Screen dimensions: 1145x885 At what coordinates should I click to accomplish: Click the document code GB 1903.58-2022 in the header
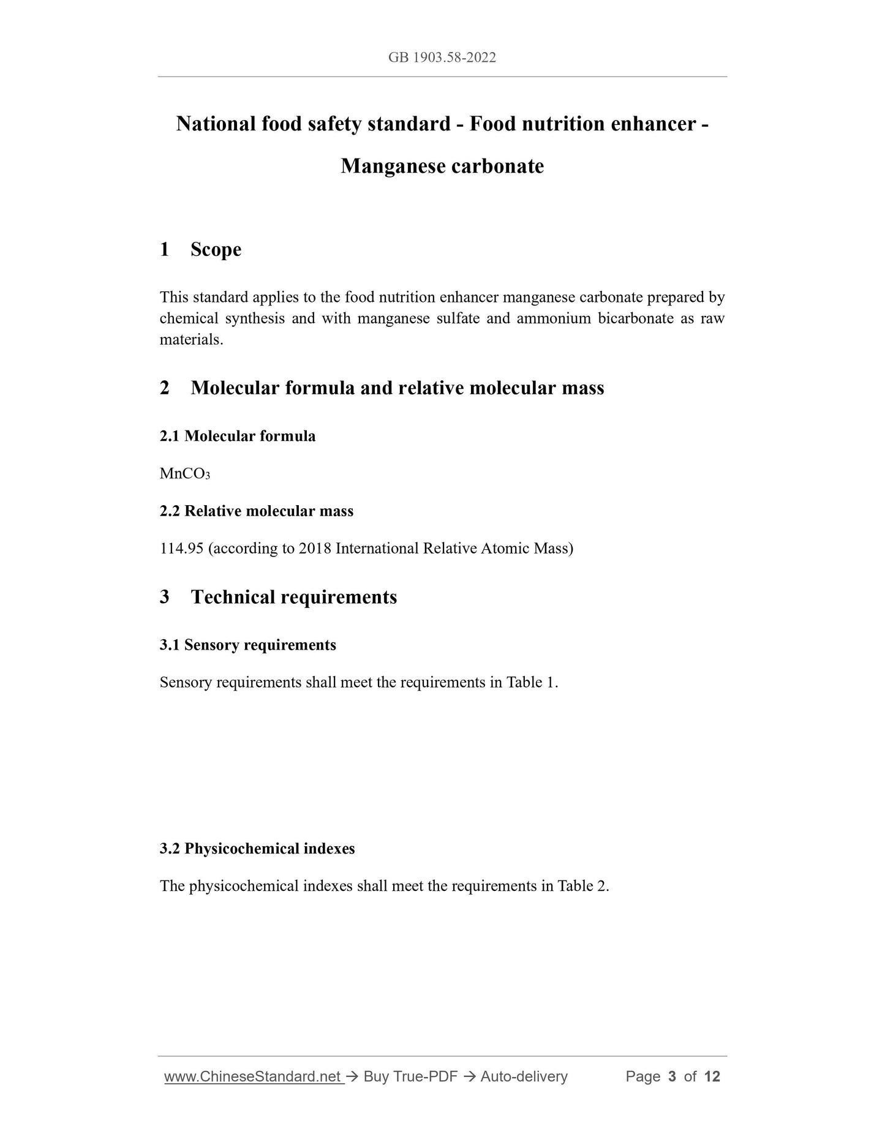[x=442, y=58]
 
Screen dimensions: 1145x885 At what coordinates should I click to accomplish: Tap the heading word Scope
[x=216, y=249]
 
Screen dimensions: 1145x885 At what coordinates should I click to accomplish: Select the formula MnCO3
[x=184, y=474]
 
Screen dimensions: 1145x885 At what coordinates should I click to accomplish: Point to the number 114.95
[x=181, y=548]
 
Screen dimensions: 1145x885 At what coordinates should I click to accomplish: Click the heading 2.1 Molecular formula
[x=238, y=436]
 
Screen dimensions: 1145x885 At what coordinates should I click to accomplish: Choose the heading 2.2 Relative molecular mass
[x=257, y=511]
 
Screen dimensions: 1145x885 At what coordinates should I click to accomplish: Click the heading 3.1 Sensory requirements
[x=248, y=645]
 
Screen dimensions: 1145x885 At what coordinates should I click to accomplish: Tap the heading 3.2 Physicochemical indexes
[x=257, y=849]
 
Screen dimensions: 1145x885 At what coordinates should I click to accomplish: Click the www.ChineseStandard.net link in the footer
[x=252, y=1076]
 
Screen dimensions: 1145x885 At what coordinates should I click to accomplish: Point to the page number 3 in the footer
[x=672, y=1076]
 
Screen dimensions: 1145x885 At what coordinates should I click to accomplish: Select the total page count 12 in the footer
[x=712, y=1076]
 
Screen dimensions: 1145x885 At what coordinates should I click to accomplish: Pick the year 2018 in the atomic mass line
[x=315, y=548]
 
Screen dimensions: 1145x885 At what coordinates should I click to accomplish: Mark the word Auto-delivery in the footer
[x=524, y=1076]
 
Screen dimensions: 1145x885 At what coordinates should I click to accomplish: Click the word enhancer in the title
[x=653, y=124]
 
